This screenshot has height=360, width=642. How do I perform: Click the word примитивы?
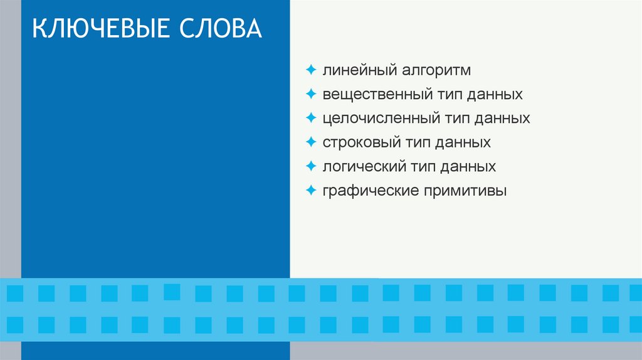point(465,191)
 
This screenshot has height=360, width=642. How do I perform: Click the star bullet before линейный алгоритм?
point(312,70)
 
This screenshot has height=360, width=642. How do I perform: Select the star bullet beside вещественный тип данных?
point(312,94)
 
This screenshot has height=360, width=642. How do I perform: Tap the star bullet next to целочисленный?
point(312,118)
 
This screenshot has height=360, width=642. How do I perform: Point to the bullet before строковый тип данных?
point(312,142)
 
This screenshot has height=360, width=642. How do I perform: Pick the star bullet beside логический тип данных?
point(312,166)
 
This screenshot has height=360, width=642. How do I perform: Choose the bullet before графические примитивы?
point(312,190)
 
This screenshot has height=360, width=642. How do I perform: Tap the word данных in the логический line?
point(469,167)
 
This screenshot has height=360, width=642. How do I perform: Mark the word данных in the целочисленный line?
point(503,119)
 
